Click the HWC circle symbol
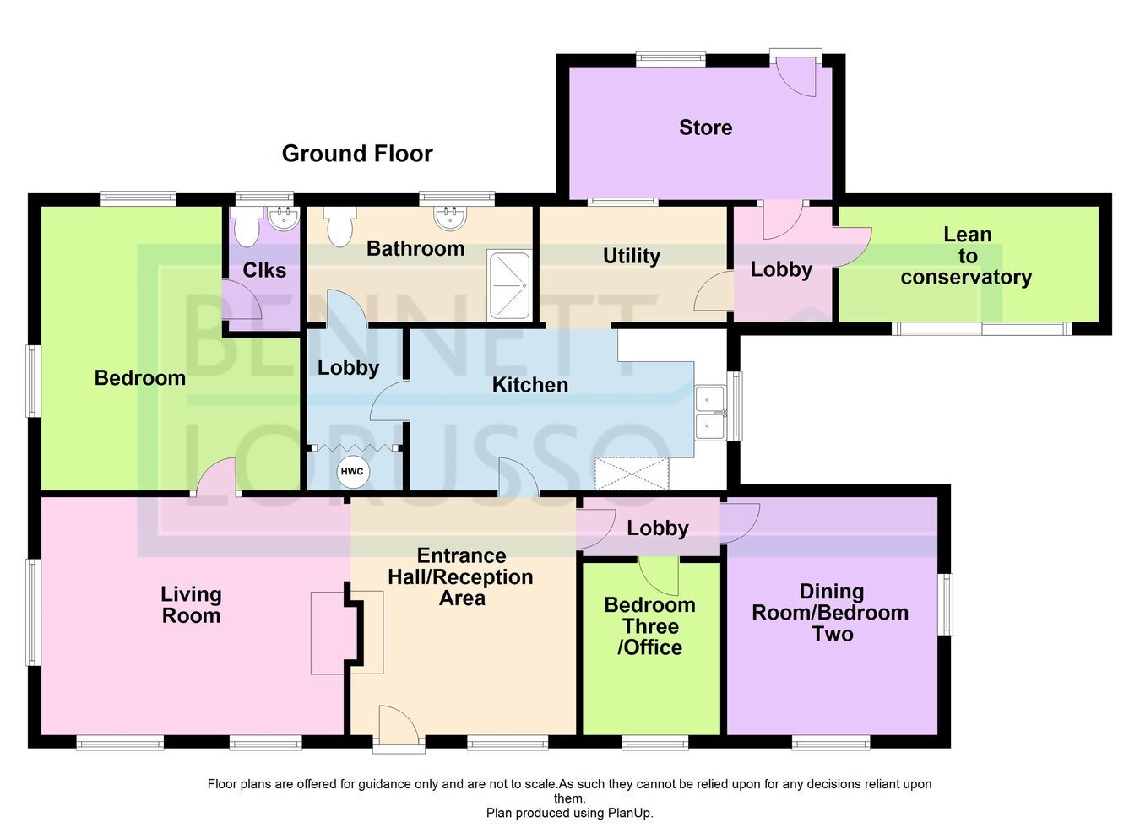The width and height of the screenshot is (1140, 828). click(351, 472)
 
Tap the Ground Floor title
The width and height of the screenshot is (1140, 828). click(357, 154)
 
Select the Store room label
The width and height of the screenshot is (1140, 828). click(705, 127)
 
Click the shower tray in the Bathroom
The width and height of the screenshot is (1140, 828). click(509, 285)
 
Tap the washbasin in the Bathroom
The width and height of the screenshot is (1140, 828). click(450, 219)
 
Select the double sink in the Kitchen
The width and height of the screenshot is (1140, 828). click(710, 413)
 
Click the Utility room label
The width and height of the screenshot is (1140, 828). click(632, 256)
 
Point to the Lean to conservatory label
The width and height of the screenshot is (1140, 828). click(966, 256)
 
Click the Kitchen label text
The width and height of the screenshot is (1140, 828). click(529, 385)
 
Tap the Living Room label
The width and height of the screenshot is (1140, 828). click(191, 604)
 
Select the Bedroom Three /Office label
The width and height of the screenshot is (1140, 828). click(650, 626)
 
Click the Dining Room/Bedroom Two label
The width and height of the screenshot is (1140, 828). click(830, 613)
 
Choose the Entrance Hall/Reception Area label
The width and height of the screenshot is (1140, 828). click(460, 576)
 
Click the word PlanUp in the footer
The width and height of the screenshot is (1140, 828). click(630, 813)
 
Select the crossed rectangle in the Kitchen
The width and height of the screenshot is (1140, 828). click(632, 474)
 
